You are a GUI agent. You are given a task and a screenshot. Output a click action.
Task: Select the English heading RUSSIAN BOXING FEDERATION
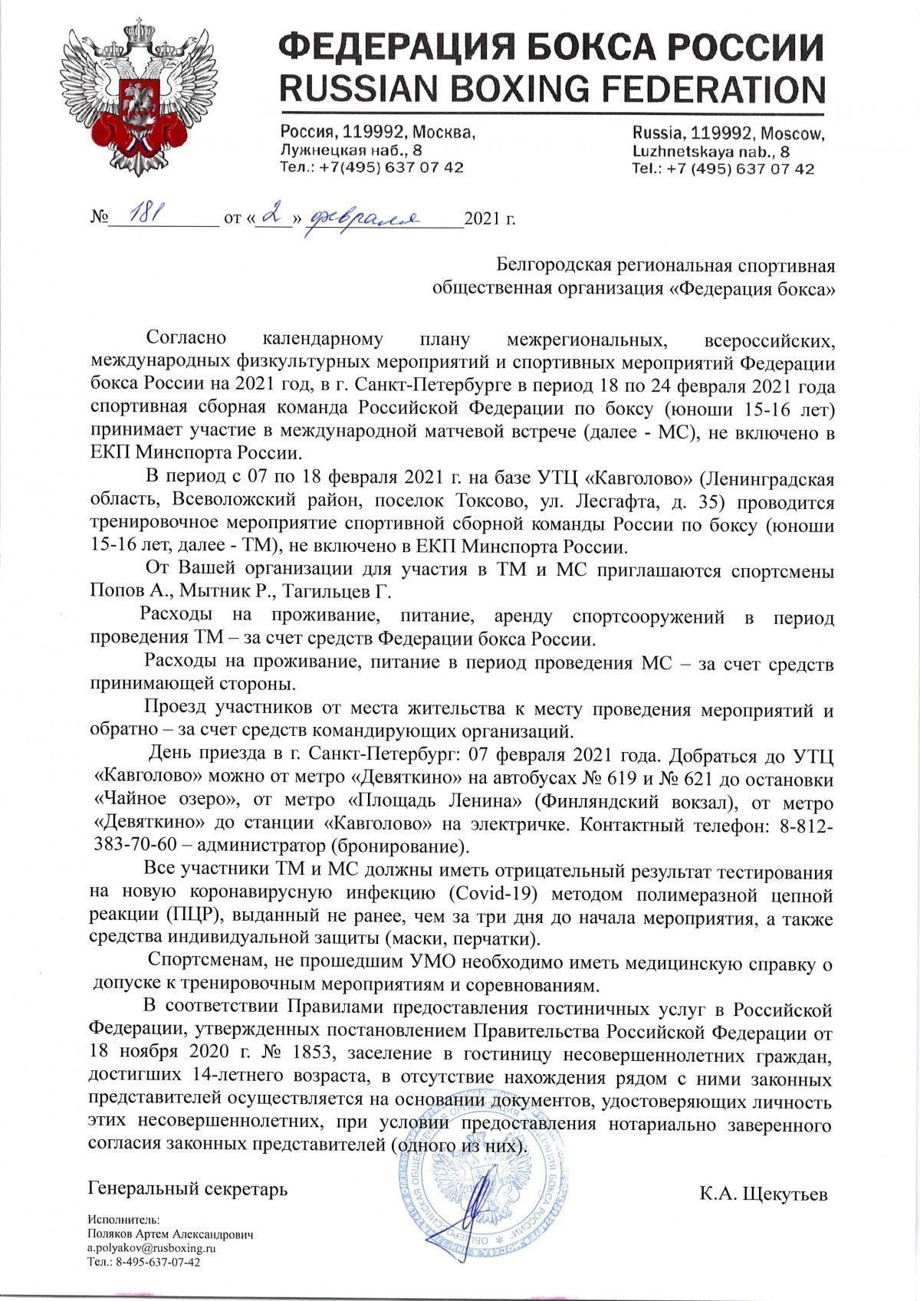click(551, 89)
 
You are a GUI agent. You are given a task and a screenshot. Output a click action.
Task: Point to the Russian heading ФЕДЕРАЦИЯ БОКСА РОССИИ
click(551, 48)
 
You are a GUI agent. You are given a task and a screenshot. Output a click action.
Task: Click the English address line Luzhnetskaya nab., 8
click(712, 151)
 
